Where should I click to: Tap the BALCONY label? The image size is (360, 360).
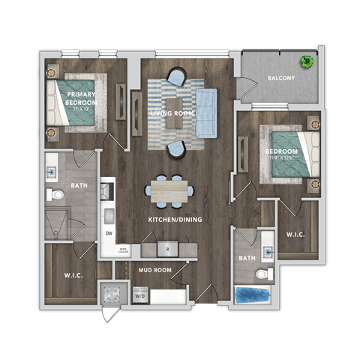pyautogui.click(x=281, y=78)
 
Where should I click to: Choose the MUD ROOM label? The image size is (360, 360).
pyautogui.click(x=155, y=268)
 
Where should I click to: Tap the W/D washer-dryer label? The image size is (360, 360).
pyautogui.click(x=139, y=295)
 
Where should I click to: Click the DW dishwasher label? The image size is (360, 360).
pyautogui.click(x=108, y=233)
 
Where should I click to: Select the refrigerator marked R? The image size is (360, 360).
pyautogui.click(x=168, y=247)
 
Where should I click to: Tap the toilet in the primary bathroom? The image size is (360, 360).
pyautogui.click(x=56, y=195)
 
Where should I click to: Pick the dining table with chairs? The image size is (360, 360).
pyautogui.click(x=169, y=190)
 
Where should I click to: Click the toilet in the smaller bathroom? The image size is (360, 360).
pyautogui.click(x=262, y=273)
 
